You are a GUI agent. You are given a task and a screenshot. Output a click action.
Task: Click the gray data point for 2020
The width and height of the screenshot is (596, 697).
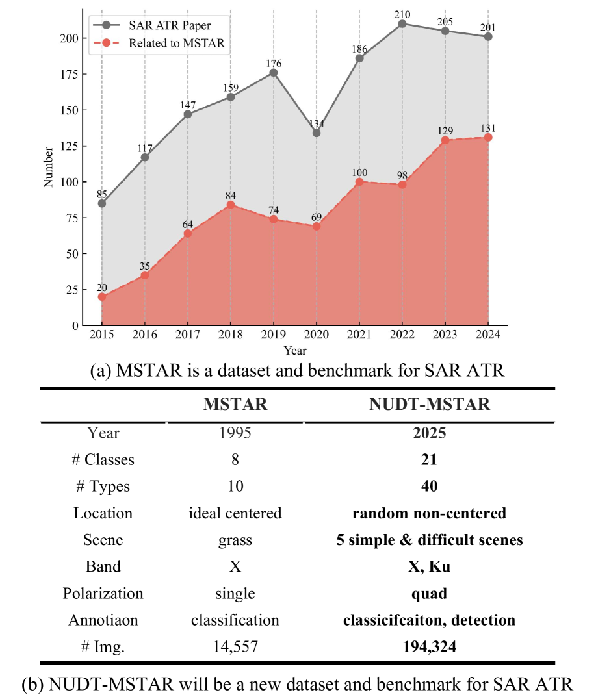316,133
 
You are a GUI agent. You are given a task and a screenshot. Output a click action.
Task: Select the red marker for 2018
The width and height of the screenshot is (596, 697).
230,205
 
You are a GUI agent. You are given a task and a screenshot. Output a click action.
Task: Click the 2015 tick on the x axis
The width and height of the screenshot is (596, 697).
102,335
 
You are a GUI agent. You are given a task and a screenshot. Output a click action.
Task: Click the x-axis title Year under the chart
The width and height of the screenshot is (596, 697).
294,350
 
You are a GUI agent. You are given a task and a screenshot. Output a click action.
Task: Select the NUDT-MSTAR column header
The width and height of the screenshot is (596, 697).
429,404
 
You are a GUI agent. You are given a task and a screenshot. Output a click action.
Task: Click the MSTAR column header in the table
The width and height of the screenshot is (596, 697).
235,404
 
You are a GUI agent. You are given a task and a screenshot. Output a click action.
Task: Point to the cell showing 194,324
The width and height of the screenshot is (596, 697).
429,646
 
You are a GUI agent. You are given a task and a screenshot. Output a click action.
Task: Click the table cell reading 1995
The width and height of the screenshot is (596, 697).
235,433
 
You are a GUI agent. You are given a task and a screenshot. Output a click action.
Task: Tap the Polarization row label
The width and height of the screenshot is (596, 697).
103,593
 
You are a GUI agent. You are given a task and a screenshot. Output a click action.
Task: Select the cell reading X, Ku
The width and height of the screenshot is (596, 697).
429,566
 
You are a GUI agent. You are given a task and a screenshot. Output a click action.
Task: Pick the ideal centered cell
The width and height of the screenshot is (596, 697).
235,513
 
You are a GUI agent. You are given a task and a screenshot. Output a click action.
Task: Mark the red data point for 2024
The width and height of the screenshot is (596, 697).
488,137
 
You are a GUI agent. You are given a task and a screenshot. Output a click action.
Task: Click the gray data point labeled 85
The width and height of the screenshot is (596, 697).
102,203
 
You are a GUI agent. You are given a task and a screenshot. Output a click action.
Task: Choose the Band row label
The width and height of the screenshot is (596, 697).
103,566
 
